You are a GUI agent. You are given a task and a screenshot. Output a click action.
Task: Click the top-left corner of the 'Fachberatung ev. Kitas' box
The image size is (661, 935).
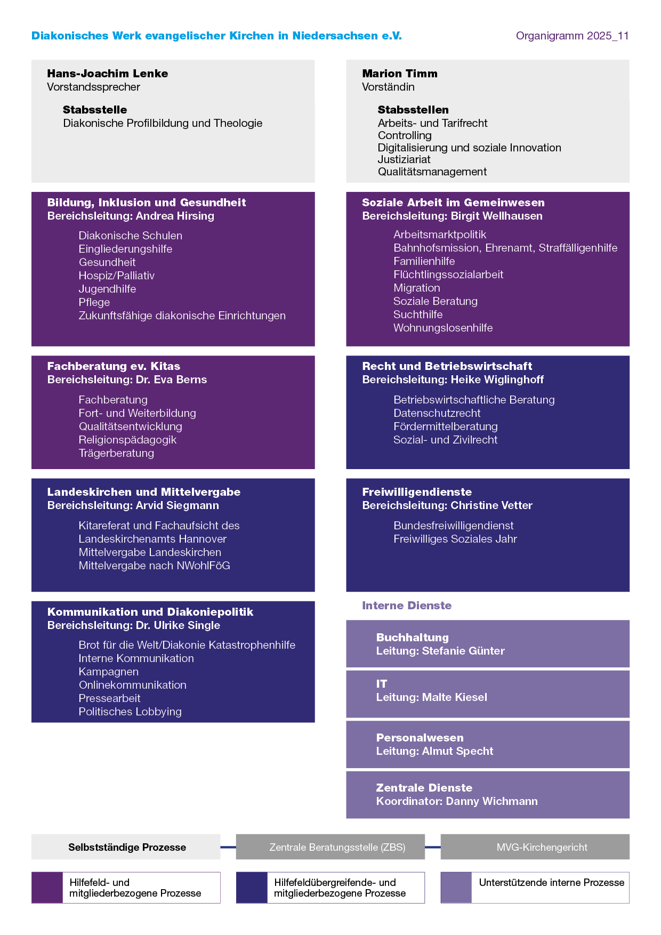pos(31,356)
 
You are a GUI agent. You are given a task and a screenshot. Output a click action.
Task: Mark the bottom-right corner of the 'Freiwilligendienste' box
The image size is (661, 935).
pos(630,592)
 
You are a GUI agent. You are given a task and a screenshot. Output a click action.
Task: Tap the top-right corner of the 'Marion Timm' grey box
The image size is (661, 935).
pos(630,60)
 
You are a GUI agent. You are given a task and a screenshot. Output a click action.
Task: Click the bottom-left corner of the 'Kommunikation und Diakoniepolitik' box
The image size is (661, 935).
pos(31,723)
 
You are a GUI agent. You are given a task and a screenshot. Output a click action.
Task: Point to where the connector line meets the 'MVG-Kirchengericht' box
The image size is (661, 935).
pos(441,847)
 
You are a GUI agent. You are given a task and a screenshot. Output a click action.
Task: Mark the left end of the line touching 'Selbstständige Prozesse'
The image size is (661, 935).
pos(220,847)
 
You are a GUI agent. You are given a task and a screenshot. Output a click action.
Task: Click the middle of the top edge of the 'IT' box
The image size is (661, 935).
pos(488,671)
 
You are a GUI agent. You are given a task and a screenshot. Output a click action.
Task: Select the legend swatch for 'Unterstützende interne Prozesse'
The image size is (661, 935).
pos(456,888)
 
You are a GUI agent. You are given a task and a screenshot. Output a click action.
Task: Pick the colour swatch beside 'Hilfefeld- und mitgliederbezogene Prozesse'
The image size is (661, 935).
pos(47,888)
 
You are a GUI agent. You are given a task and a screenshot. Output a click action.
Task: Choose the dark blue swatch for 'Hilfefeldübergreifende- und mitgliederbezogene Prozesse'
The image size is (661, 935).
pos(252,888)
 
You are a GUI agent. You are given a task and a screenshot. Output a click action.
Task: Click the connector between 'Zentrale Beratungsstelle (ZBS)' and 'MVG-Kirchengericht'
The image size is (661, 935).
pos(433,847)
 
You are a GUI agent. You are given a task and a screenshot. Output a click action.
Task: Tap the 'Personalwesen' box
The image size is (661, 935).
pos(488,744)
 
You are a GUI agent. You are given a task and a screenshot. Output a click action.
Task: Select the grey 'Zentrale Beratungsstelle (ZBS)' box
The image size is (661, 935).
pos(330,847)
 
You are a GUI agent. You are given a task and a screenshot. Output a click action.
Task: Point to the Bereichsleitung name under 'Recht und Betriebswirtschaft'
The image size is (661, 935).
pos(497,380)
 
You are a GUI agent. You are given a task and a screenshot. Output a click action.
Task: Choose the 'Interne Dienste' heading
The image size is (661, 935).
pos(407,606)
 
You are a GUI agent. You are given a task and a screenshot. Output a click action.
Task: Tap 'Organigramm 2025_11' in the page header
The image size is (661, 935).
pos(573,36)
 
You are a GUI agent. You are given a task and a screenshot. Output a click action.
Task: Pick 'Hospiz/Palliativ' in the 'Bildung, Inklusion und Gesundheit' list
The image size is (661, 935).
pos(117,276)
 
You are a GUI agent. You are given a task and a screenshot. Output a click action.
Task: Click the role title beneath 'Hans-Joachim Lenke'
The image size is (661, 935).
pos(93,87)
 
